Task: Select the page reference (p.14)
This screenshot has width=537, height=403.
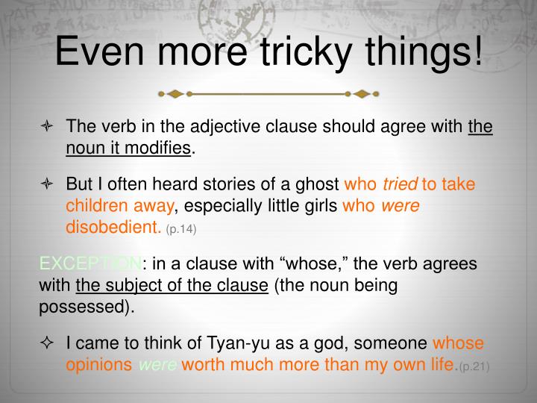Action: (181, 229)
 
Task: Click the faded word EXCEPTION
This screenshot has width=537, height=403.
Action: (89, 265)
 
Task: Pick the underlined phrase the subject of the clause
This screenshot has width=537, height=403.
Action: (172, 286)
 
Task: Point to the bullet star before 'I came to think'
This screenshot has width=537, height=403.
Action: (47, 343)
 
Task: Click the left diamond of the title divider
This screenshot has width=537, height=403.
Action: (175, 95)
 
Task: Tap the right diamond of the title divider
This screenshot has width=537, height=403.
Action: (362, 95)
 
